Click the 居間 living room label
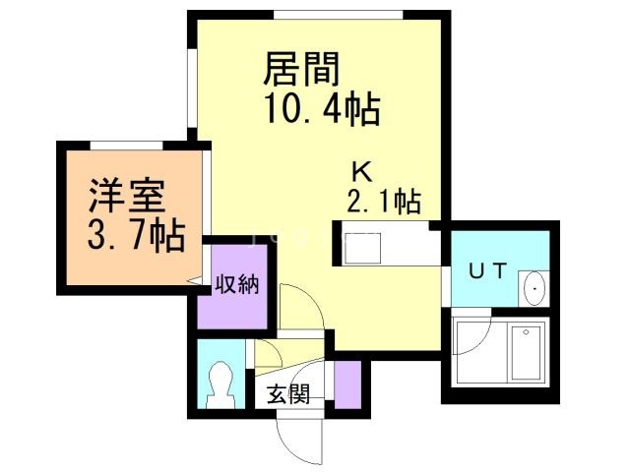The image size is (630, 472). [x=301, y=70]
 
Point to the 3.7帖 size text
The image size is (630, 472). [x=132, y=236]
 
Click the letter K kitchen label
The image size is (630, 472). [x=362, y=173]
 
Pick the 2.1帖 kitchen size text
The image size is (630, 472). [x=383, y=202]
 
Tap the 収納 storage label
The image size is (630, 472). [x=236, y=286]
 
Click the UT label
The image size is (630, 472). [x=487, y=272]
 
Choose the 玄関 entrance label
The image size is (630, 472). [x=289, y=394]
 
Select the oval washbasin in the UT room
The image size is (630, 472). [x=533, y=287]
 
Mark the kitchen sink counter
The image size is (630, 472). [x=387, y=245]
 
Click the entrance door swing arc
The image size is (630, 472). [x=300, y=438]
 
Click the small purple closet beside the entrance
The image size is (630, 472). [x=347, y=383]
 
